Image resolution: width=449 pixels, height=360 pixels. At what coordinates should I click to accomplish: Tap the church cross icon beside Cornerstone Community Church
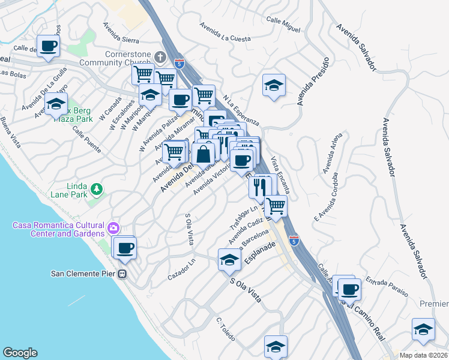click(160, 57)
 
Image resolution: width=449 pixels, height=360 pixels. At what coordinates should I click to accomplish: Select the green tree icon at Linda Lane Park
click(97, 190)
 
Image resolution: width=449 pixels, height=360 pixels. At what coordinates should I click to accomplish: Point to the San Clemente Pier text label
click(83, 274)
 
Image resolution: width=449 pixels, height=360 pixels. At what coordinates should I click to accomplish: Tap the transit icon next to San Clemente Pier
click(122, 274)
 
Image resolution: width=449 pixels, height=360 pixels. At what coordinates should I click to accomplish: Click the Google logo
click(20, 352)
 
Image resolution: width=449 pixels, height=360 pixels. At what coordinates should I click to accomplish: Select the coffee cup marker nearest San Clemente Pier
click(125, 248)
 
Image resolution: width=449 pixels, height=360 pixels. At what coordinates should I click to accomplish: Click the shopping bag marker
click(204, 154)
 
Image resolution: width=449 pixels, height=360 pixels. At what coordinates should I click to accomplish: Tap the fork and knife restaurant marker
click(260, 187)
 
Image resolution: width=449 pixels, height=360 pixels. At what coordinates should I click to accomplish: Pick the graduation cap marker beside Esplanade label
click(229, 260)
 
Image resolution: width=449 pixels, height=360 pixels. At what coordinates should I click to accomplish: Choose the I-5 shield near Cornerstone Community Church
click(178, 62)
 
